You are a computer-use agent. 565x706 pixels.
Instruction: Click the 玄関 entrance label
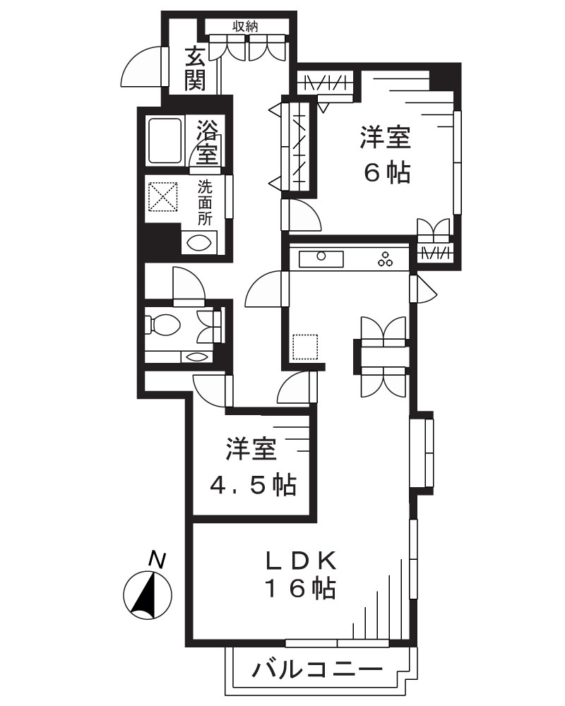(x=196, y=68)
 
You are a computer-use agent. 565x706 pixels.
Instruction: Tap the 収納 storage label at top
(x=246, y=26)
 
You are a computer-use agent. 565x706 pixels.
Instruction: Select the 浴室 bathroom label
(x=208, y=141)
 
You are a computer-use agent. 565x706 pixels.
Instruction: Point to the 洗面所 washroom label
(x=205, y=203)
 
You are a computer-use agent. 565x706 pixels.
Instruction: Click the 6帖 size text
(x=386, y=173)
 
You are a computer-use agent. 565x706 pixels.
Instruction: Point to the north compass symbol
(x=147, y=594)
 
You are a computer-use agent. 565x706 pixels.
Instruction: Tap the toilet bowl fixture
(x=164, y=325)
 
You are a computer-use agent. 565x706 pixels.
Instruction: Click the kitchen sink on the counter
(x=321, y=258)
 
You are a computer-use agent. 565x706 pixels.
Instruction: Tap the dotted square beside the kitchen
(x=306, y=347)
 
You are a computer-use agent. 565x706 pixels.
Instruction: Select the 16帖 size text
(x=299, y=587)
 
